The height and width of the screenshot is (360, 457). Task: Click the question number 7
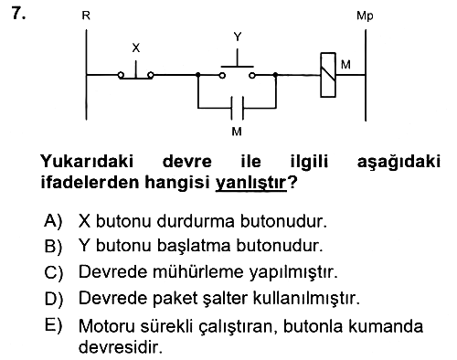point(18,14)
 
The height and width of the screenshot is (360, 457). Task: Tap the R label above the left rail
point(86,16)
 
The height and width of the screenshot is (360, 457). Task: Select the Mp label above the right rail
point(365,16)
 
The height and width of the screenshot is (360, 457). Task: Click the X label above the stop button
point(136,48)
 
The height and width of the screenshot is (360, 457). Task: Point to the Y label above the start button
point(238,37)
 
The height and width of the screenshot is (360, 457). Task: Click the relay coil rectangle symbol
point(328,75)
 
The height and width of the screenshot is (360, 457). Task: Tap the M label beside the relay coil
point(345,65)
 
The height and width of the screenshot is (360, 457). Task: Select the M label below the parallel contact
point(237,132)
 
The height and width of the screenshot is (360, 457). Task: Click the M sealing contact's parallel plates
point(238,108)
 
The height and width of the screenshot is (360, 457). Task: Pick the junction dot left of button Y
point(198,74)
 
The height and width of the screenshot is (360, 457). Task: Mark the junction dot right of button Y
point(275,74)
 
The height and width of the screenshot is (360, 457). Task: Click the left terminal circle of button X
point(121,75)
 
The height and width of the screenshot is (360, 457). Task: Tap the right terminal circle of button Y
point(252,75)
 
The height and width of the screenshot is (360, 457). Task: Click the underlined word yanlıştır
point(251,183)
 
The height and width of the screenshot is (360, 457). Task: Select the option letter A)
point(53,220)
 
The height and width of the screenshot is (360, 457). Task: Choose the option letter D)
point(54,298)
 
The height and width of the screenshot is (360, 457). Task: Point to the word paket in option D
point(175,298)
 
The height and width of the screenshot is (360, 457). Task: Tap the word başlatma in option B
point(194,246)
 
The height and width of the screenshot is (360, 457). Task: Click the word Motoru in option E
point(106,326)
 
